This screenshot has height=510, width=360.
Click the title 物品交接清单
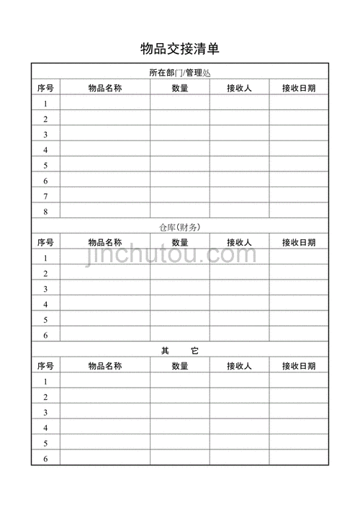coord(179,49)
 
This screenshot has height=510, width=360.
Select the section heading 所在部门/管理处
coord(179,73)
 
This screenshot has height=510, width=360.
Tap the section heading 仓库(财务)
coord(179,227)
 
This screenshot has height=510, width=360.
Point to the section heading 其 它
coord(179,350)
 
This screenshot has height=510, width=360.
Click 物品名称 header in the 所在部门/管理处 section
coord(104,89)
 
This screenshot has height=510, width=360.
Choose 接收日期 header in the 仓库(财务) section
coord(299,243)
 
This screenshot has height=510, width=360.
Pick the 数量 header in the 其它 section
coord(180,366)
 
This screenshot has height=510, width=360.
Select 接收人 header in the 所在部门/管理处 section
coord(239,89)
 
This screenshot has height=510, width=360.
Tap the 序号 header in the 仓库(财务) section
coord(45,243)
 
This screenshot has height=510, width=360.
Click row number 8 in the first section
coord(45,212)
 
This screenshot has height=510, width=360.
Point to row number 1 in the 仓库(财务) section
coord(45,259)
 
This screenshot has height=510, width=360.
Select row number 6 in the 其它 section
coord(45,459)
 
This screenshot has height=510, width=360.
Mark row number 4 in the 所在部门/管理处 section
coord(45,150)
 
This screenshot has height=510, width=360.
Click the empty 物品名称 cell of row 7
coord(104,196)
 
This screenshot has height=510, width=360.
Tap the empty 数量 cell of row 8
coord(180,212)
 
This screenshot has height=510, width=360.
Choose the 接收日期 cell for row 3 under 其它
coord(299,413)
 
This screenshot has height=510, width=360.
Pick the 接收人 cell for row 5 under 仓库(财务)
coord(239,320)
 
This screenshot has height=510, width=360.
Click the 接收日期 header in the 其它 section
coord(299,366)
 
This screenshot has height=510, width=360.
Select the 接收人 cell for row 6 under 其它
coord(239,459)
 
